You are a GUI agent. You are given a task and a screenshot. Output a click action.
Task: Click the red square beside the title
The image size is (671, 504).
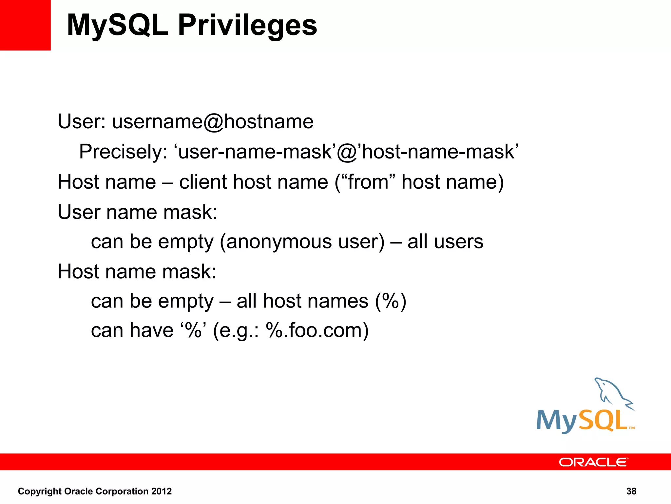[25, 25]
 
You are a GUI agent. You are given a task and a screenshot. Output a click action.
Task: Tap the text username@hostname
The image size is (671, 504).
[213, 122]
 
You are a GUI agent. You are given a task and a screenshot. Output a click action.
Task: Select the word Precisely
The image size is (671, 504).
[123, 152]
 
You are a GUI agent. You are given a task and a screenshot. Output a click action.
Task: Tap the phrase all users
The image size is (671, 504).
[445, 242]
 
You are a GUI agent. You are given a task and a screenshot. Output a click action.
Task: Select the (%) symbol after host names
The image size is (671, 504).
[391, 301]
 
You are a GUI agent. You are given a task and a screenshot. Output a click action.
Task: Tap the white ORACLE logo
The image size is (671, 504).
[593, 462]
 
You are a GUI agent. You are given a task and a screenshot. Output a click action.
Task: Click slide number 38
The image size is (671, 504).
[631, 491]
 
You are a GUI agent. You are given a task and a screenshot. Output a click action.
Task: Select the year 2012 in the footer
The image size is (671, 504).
[161, 491]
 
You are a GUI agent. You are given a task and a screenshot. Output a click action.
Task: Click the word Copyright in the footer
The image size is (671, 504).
[40, 491]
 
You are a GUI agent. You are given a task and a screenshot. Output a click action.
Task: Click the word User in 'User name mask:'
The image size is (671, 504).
[79, 212]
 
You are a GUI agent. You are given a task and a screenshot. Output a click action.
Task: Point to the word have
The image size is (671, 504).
[151, 330]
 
